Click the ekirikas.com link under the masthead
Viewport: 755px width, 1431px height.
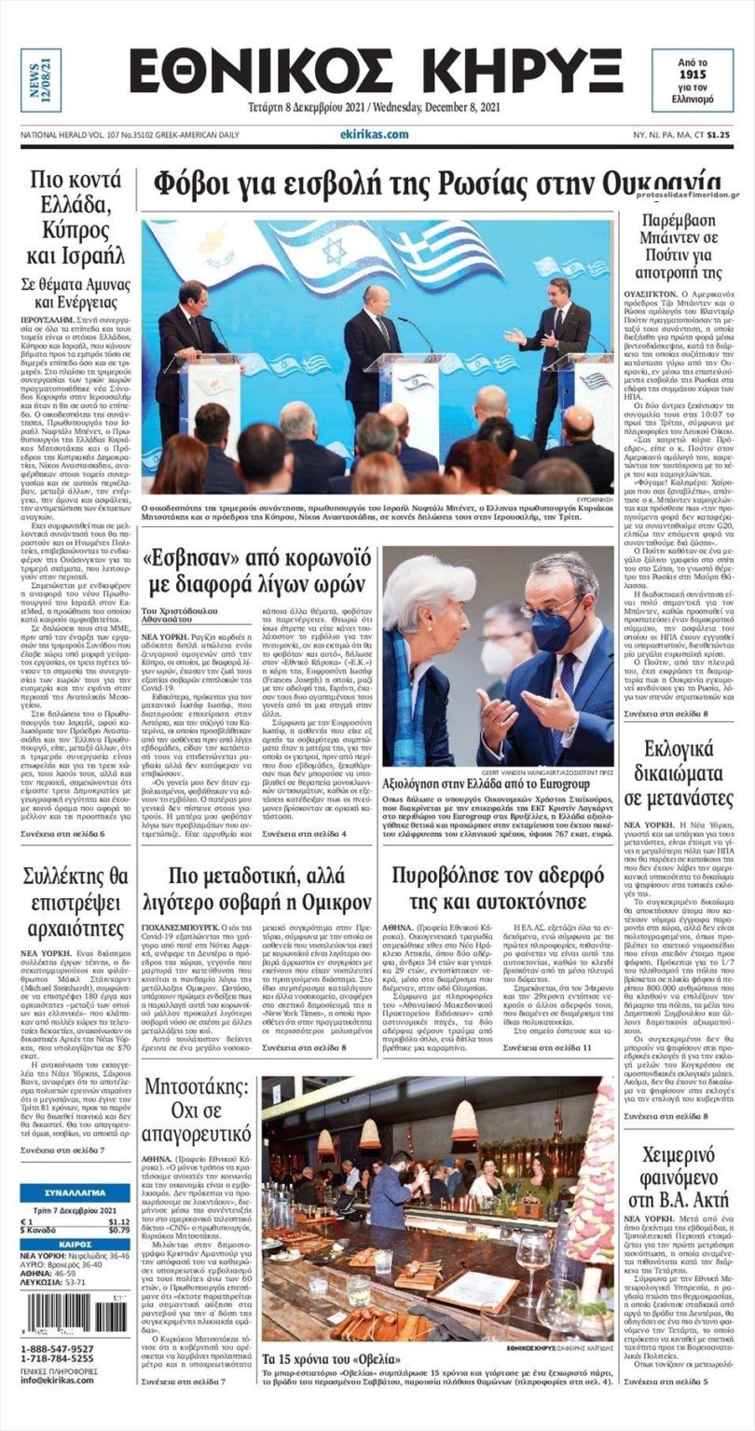[x=374, y=134]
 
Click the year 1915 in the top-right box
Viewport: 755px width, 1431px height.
[x=692, y=73]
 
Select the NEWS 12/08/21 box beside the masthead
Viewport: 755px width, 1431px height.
[x=41, y=80]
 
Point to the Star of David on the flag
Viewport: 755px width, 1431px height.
[x=333, y=251]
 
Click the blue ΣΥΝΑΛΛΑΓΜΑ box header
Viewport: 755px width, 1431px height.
[x=75, y=1193]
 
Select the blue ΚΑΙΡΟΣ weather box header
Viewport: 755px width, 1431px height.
[x=75, y=1244]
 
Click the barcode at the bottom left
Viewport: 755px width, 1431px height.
[x=75, y=1315]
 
